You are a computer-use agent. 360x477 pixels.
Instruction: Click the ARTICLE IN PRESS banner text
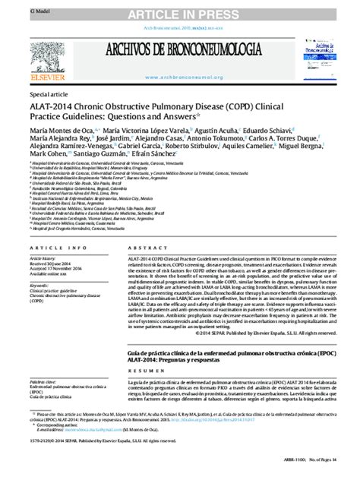pyautogui.click(x=180, y=14)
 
